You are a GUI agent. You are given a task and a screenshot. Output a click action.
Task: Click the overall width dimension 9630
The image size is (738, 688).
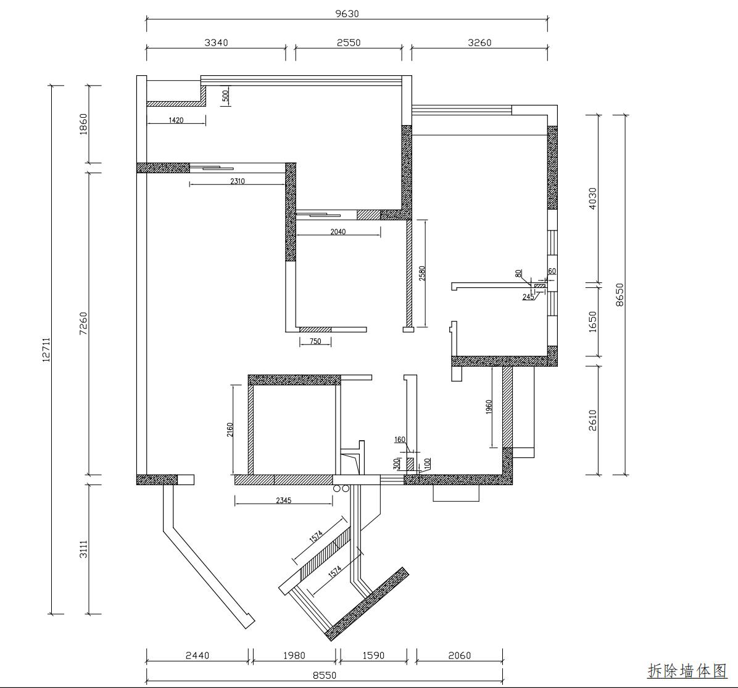pyautogui.click(x=347, y=14)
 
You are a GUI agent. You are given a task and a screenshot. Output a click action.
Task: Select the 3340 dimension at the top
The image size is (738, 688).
pyautogui.click(x=216, y=43)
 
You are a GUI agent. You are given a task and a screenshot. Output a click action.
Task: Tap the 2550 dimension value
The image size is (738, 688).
pyautogui.click(x=349, y=43)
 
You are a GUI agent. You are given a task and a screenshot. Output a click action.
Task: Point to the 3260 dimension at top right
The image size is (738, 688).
pyautogui.click(x=479, y=43)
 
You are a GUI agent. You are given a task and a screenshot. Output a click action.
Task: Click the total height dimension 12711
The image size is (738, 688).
pyautogui.click(x=46, y=350)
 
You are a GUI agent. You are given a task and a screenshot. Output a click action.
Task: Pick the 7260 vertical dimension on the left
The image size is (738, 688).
pyautogui.click(x=83, y=324)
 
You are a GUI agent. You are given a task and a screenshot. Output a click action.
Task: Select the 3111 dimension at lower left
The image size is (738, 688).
pyautogui.click(x=83, y=549)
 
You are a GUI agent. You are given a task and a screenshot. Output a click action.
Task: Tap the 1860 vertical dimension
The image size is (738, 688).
pyautogui.click(x=83, y=124)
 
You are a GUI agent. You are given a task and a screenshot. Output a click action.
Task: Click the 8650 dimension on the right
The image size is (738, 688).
pyautogui.click(x=620, y=295)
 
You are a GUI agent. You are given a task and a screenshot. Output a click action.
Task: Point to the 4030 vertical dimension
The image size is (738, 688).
pyautogui.click(x=592, y=199)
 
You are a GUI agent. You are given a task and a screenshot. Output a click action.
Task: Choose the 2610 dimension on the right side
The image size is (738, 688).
pyautogui.click(x=592, y=420)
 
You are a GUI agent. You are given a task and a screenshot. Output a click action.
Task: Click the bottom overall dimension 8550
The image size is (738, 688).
pyautogui.click(x=325, y=675)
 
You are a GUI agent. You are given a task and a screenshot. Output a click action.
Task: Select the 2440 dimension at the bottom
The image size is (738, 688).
pyautogui.click(x=197, y=655)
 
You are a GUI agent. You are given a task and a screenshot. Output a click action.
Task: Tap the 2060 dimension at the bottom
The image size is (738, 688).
pyautogui.click(x=459, y=655)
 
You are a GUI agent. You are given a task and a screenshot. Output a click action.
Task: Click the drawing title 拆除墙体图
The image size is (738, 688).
pyautogui.click(x=687, y=671)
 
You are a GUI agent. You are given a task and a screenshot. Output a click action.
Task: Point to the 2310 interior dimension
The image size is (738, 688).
pyautogui.click(x=238, y=181)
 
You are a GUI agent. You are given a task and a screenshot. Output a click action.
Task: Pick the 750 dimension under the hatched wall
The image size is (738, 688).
pyautogui.click(x=315, y=342)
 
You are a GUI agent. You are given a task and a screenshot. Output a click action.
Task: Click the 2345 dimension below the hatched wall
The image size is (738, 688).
pyautogui.click(x=284, y=501)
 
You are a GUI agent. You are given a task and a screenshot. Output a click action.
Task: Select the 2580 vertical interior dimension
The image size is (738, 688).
pyautogui.click(x=422, y=274)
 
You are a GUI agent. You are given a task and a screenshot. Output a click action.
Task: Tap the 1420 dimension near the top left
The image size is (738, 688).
pyautogui.click(x=176, y=120)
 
